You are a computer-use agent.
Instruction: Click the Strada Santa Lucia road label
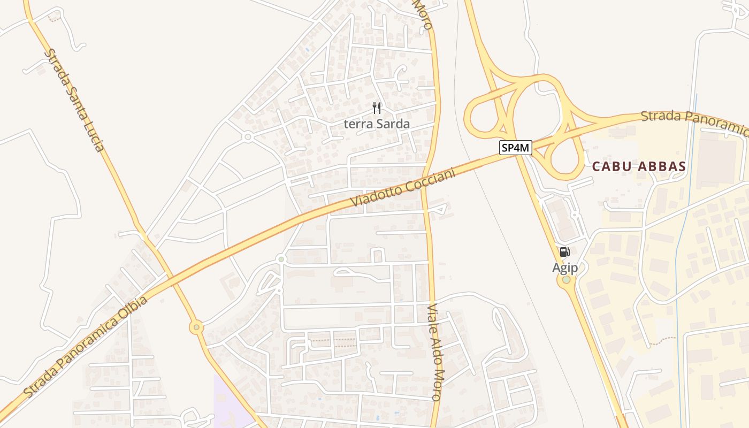[74, 101]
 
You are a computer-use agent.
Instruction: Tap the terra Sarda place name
[377, 124]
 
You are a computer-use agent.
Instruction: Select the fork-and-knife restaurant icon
[377, 109]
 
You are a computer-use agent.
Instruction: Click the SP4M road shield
[516, 148]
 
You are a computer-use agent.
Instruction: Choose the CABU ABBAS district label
[639, 166]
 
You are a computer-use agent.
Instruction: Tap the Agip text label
[565, 267]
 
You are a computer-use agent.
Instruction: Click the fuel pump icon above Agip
[564, 252]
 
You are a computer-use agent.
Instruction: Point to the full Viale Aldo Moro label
[435, 353]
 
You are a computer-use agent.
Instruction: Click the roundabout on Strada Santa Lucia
[197, 327]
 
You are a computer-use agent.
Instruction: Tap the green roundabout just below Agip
[566, 279]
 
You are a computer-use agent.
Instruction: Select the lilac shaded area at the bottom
[230, 404]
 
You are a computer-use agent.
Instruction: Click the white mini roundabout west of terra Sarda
[247, 137]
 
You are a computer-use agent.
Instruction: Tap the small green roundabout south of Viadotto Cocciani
[281, 259]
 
